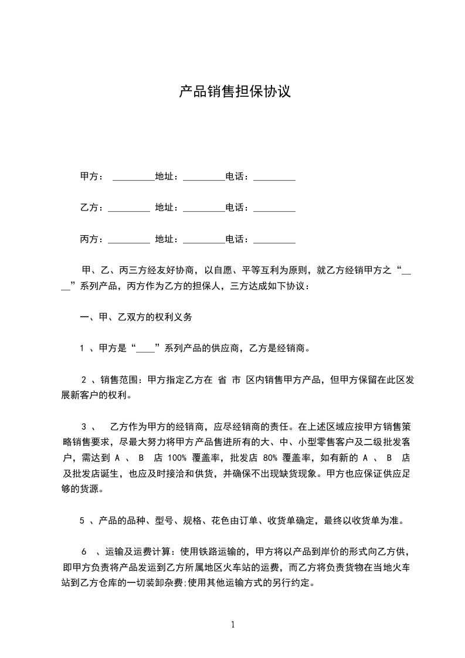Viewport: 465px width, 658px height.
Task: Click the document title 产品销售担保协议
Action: click(235, 92)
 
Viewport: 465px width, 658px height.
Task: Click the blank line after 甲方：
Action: click(133, 177)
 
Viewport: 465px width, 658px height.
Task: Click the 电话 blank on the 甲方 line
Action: click(274, 177)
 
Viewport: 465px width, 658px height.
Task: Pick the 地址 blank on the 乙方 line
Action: click(204, 208)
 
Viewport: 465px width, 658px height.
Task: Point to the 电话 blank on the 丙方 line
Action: click(274, 239)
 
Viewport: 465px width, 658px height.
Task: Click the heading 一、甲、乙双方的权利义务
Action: click(135, 317)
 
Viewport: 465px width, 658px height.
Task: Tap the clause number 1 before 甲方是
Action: click(83, 348)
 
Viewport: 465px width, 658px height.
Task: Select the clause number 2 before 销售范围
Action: click(84, 379)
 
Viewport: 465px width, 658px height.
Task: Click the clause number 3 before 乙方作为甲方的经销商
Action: click(84, 426)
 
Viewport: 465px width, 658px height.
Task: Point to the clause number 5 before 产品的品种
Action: click(83, 520)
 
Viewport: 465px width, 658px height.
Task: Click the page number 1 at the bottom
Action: click(233, 625)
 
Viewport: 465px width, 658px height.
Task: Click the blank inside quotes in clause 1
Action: click(145, 348)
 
